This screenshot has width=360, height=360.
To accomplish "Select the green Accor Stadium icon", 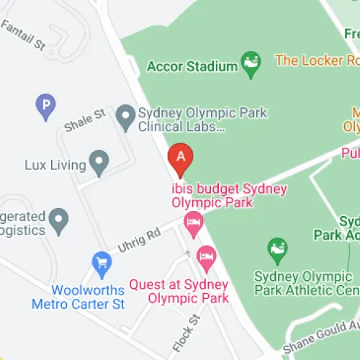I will click(251, 65).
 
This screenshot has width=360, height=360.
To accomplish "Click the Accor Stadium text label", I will click(192, 66).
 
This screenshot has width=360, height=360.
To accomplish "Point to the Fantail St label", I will click(24, 35).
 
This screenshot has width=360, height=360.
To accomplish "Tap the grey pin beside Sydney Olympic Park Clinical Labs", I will click(126, 117).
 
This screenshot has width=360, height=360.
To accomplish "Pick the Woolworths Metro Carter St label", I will click(78, 297).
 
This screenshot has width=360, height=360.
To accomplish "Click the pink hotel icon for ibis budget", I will click(192, 223).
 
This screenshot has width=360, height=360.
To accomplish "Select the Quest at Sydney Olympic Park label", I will click(179, 291).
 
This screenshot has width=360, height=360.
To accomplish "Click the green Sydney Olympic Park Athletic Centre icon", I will click(277, 250).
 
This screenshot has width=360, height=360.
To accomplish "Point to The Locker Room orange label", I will click(317, 60).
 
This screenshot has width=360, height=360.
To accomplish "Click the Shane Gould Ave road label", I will click(320, 338).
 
